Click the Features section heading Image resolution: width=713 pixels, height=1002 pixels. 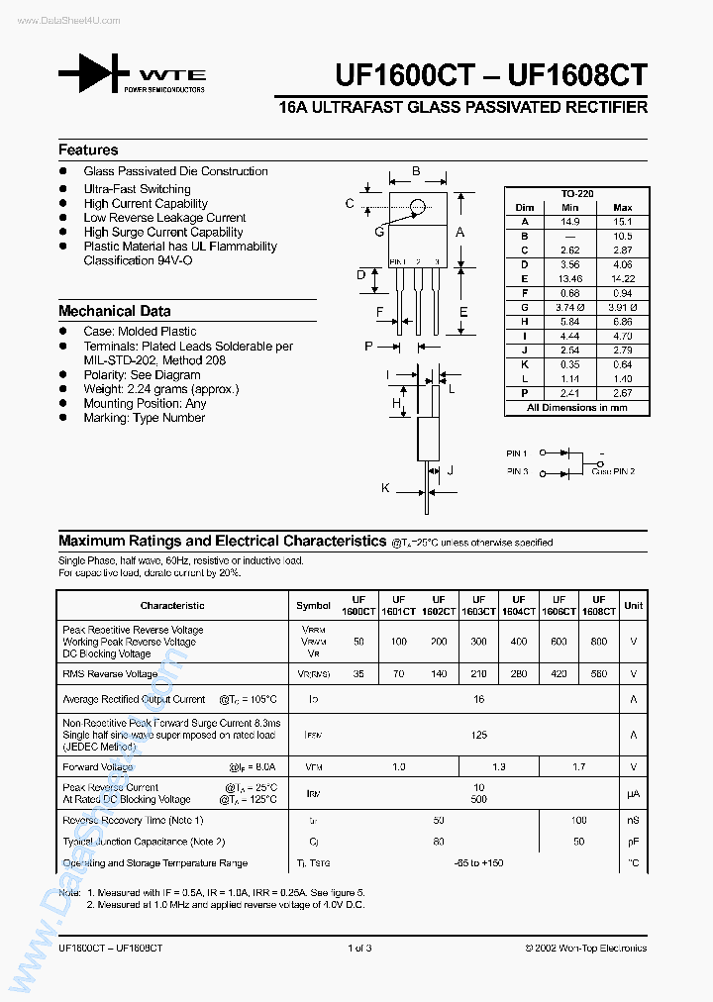tap(88, 150)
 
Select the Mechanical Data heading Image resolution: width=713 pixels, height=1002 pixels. tap(114, 311)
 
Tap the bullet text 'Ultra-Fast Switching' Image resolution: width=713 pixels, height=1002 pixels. tap(137, 189)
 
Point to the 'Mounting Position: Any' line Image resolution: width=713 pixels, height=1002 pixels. tap(145, 403)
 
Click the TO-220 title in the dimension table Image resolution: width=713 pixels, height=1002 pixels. tap(576, 194)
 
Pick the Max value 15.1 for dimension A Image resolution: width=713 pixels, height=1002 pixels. tap(623, 222)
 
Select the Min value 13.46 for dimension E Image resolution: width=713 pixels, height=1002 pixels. tap(569, 279)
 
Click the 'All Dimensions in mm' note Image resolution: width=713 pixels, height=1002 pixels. tap(576, 407)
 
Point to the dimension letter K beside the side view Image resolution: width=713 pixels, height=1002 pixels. tap(385, 488)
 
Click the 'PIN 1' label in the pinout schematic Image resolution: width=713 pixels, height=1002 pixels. tap(517, 453)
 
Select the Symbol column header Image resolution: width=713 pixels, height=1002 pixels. tap(313, 605)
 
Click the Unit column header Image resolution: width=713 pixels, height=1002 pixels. tap(633, 605)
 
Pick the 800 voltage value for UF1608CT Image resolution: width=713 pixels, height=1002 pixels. tap(599, 642)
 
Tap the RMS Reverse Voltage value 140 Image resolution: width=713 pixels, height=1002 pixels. tap(439, 673)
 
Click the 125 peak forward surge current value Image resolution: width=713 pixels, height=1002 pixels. tap(479, 735)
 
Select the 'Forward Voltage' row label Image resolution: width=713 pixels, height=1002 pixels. tap(97, 767)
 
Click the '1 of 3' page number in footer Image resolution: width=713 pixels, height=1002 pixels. tap(358, 949)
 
